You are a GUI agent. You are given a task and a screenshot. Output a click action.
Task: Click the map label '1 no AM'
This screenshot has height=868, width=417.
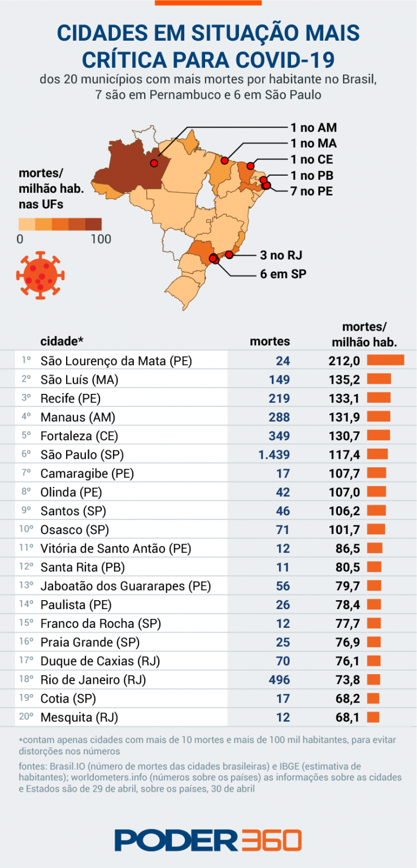pyautogui.click(x=314, y=128)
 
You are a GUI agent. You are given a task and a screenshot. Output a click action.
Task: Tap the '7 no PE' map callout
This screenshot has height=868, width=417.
pyautogui.click(x=311, y=192)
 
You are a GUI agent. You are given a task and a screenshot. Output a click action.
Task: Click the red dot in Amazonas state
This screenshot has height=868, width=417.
pyautogui.click(x=154, y=163)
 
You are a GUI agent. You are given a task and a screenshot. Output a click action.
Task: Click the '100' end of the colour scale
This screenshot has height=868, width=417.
pyautogui.click(x=101, y=239)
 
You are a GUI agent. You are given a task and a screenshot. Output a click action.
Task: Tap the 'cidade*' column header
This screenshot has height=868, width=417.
pyautogui.click(x=62, y=341)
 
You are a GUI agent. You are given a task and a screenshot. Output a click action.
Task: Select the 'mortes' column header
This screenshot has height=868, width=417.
pyautogui.click(x=270, y=341)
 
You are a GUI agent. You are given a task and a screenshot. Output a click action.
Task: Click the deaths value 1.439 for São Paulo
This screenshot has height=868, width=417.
pyautogui.click(x=274, y=455)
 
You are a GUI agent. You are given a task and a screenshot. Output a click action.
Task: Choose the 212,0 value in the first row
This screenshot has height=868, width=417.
pyautogui.click(x=344, y=361)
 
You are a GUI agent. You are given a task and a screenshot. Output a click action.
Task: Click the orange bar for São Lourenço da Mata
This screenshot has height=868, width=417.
pyautogui.click(x=386, y=361)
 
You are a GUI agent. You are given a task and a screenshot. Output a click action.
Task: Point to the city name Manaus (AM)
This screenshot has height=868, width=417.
pyautogui.click(x=77, y=418)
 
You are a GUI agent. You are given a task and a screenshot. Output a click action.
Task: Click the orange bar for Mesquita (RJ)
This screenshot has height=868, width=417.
pyautogui.click(x=373, y=717)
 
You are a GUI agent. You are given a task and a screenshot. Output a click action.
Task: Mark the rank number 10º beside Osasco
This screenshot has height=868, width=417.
pyautogui.click(x=27, y=530)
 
